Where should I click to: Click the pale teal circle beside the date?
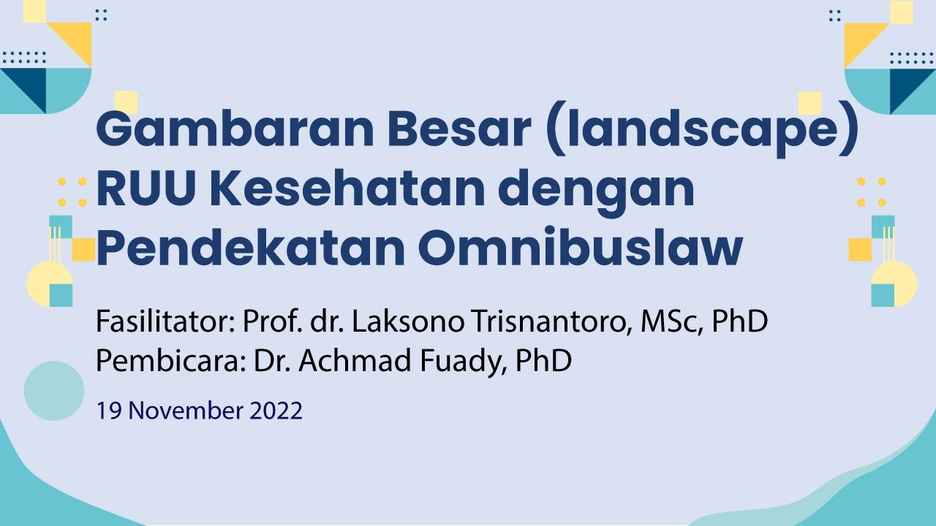[54, 391]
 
